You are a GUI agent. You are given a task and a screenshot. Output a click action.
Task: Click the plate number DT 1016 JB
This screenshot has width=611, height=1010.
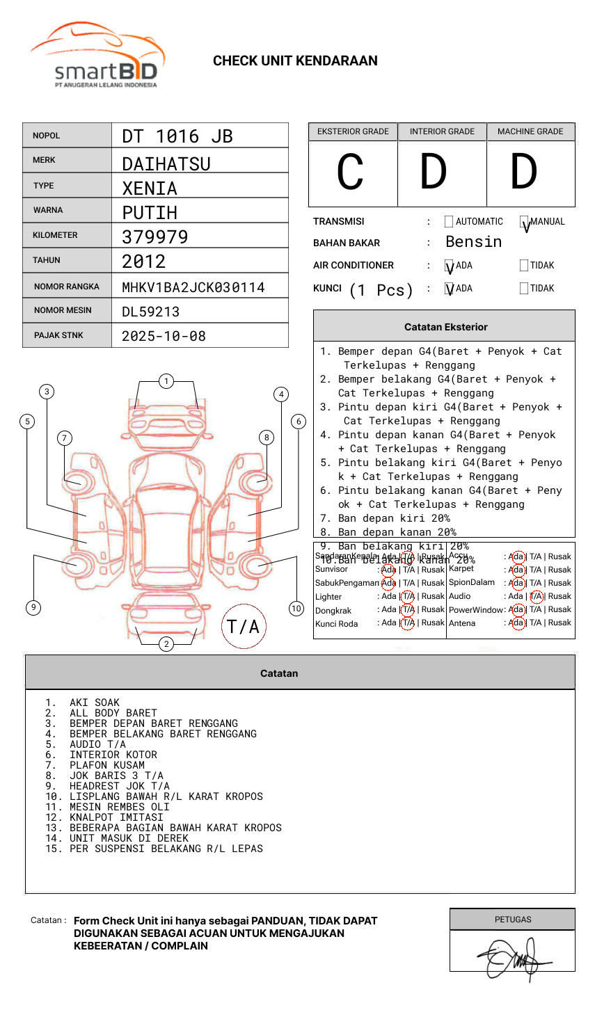(177, 136)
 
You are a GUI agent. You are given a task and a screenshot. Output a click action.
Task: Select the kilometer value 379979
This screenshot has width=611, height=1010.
(155, 237)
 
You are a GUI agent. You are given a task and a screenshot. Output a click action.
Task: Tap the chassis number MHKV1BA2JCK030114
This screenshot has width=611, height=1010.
(193, 287)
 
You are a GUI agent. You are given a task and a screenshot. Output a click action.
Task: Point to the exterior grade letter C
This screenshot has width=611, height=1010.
(350, 172)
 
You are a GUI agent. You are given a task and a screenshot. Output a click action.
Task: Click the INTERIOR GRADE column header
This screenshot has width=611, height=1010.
(442, 131)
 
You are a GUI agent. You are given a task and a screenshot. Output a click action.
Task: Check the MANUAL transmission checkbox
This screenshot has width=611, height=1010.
(525, 222)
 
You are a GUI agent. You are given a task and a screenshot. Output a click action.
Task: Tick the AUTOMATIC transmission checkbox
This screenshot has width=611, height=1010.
(449, 222)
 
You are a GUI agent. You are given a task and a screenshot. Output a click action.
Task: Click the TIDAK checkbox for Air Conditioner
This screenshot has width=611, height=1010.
(524, 266)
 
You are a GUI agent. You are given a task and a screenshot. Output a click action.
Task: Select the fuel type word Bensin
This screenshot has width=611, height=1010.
(473, 242)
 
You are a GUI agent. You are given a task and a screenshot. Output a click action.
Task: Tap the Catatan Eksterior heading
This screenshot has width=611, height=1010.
(445, 327)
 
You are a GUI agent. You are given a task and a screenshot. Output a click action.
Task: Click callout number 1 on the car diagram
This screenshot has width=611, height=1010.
(166, 381)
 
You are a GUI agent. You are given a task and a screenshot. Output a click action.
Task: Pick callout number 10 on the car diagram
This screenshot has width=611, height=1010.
(296, 609)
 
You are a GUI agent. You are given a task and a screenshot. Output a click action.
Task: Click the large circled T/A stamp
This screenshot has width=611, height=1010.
(244, 627)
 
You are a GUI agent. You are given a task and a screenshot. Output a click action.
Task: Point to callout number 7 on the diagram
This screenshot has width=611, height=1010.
(65, 438)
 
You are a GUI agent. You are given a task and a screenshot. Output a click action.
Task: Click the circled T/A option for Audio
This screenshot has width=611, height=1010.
(536, 596)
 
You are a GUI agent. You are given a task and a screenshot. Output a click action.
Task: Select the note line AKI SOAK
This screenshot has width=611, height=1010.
(94, 703)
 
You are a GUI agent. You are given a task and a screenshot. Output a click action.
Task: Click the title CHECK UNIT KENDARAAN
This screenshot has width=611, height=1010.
(295, 61)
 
